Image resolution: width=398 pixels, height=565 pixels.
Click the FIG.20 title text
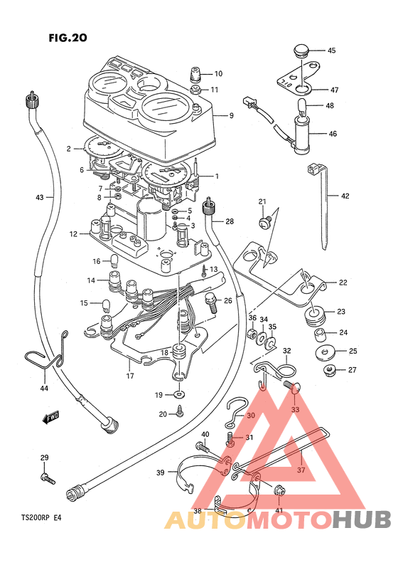click(x=68, y=38)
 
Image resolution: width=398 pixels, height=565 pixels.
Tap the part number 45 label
click(x=331, y=51)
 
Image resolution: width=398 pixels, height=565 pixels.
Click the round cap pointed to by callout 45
click(x=301, y=50)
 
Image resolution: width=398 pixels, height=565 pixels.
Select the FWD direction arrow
click(x=50, y=417)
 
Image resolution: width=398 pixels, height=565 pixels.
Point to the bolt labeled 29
click(x=48, y=478)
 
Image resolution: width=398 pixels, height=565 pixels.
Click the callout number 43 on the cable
click(x=39, y=197)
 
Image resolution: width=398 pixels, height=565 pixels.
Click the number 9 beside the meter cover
click(x=232, y=115)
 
